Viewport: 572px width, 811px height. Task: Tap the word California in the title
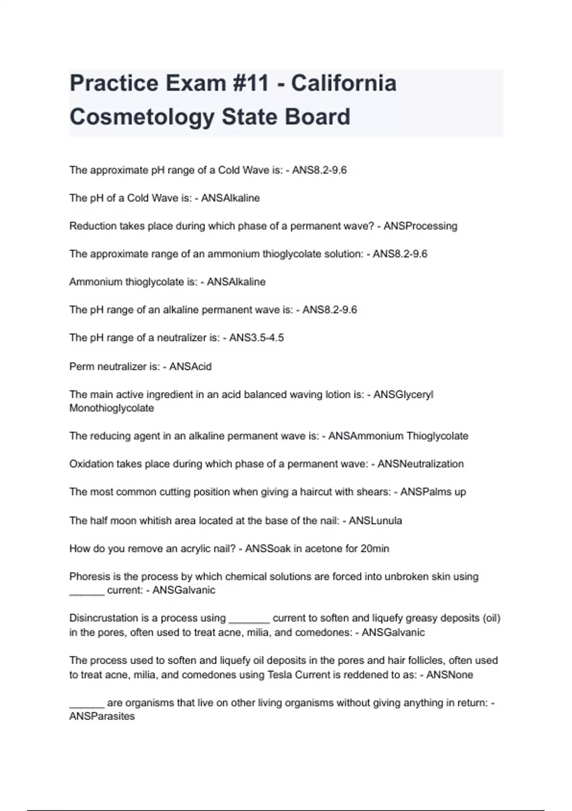pos(344,83)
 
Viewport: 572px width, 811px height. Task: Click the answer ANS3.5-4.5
pos(256,338)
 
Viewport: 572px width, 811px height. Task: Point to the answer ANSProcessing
pos(420,226)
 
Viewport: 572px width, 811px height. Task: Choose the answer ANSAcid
pos(190,366)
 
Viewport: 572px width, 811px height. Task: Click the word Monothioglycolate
pos(112,408)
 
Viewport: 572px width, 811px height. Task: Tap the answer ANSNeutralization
pos(420,464)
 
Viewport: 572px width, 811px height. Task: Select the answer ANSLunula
pos(375,520)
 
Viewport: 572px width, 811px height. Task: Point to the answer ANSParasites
pos(102,717)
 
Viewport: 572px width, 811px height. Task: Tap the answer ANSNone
pos(449,675)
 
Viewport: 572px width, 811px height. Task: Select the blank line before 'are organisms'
pos(86,704)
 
